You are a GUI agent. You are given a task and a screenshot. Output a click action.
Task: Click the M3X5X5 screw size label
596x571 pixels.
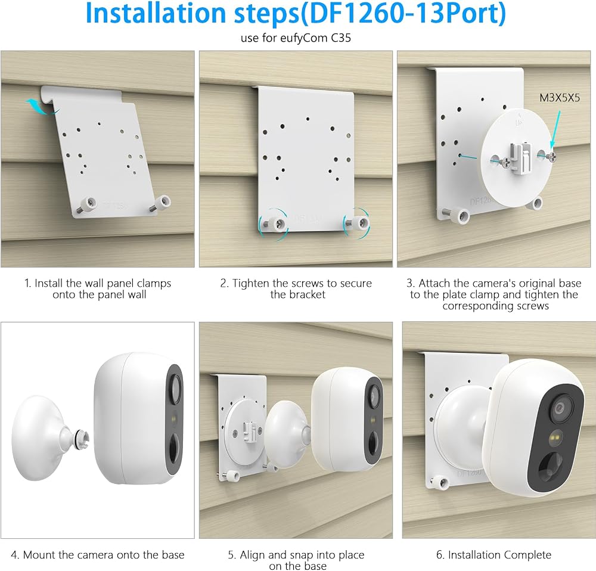pos(560,98)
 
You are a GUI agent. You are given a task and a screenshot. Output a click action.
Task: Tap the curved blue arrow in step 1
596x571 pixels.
pos(42,107)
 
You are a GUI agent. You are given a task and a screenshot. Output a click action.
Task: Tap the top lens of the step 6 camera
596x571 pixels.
pos(559,409)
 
